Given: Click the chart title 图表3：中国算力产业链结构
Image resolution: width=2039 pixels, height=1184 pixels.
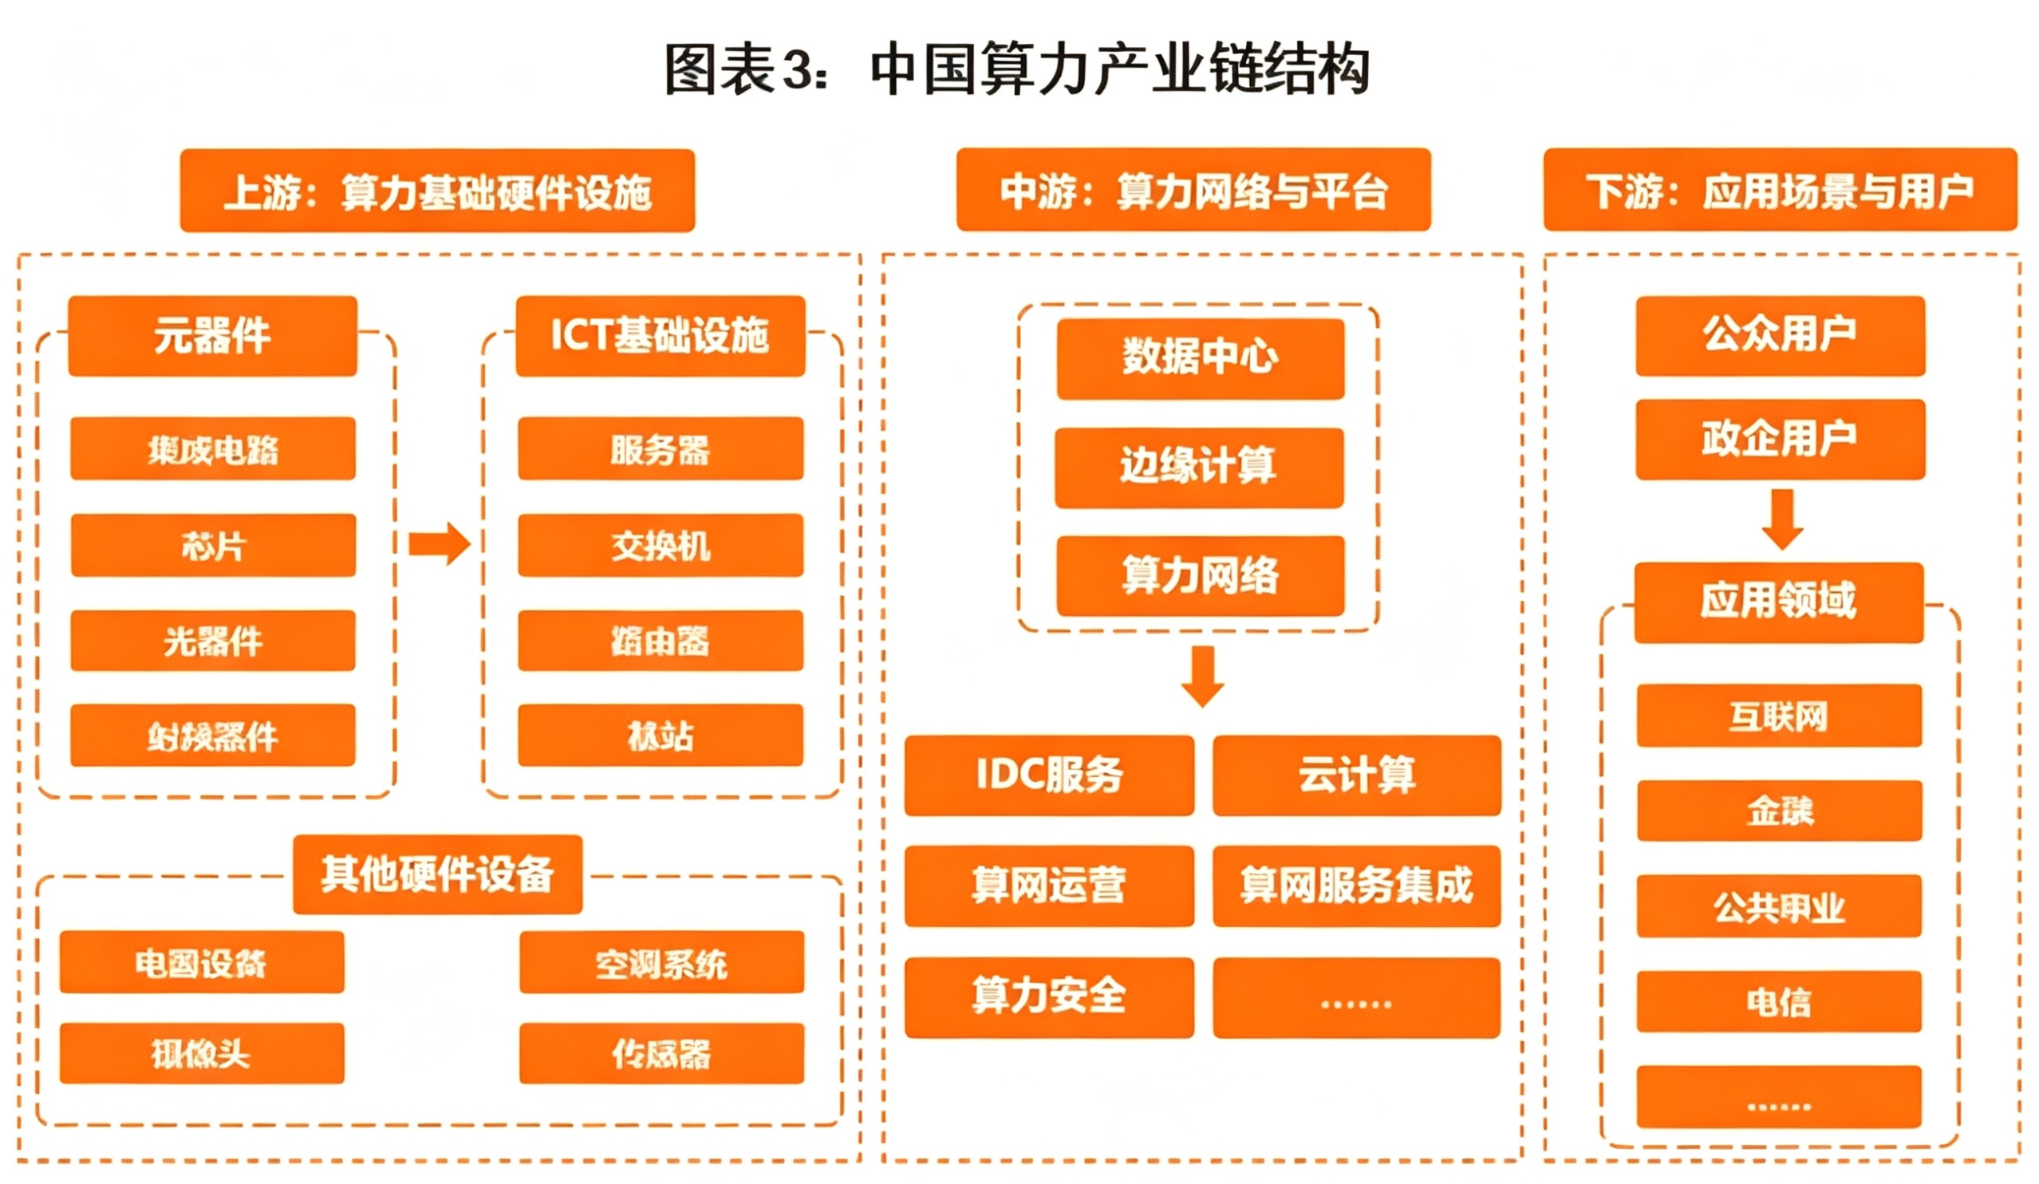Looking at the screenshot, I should point(1017,69).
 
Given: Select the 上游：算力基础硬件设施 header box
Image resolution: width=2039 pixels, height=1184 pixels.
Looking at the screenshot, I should point(437,191).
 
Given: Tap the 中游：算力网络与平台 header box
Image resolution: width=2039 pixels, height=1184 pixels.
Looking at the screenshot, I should point(1193,190).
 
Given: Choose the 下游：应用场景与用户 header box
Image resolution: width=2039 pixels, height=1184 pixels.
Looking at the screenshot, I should point(1779,190).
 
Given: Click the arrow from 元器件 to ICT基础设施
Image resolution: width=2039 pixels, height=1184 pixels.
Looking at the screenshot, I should point(439,543).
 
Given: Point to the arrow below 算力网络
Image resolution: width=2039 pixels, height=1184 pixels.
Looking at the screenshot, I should point(1202,676).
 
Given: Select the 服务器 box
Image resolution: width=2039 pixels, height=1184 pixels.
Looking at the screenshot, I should point(661,449).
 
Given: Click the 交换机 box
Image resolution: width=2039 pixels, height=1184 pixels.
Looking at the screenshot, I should point(661,546).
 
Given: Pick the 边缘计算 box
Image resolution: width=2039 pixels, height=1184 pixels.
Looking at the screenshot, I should point(1199,468).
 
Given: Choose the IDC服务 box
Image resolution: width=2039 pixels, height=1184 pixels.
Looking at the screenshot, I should point(1049,776).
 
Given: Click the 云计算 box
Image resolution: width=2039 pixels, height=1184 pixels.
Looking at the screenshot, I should point(1356,776).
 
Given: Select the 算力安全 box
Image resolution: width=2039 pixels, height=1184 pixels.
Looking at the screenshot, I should point(1049,997).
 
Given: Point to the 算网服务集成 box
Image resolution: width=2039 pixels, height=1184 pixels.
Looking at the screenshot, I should point(1356,886).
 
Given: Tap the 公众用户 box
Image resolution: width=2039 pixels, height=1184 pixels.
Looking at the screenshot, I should point(1780,336).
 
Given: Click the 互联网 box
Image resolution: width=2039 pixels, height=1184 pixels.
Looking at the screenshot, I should point(1778,716).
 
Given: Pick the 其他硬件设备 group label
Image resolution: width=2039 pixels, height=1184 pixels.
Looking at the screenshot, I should point(437,875).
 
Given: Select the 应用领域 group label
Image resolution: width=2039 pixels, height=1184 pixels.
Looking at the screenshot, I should point(1778,603).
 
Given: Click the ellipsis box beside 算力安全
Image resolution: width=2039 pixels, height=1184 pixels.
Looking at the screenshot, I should point(1356,998).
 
